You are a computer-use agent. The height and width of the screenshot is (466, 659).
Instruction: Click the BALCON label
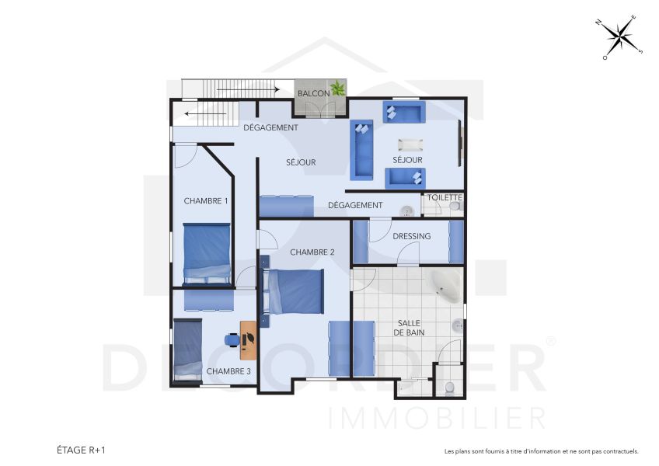point(314,93)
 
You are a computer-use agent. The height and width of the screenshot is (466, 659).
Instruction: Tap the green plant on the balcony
point(338,89)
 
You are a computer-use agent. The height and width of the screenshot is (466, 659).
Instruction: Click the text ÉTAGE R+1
point(81,450)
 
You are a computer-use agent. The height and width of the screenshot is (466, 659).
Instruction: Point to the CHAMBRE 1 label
point(206,200)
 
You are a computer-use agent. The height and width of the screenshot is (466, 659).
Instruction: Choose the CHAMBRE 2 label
point(312,252)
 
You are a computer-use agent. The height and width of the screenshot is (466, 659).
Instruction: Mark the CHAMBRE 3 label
point(228,371)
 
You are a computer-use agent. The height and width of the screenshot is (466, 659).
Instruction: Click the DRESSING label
point(412,235)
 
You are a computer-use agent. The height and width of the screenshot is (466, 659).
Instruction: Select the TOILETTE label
point(445,197)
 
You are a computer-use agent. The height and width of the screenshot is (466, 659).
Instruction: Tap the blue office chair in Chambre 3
point(232,339)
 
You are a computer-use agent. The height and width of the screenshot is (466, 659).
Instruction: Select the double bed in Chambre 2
point(294,291)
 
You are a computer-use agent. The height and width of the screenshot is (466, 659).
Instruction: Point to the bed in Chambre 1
point(207,254)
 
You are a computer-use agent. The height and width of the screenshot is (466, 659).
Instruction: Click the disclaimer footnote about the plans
point(541,450)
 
